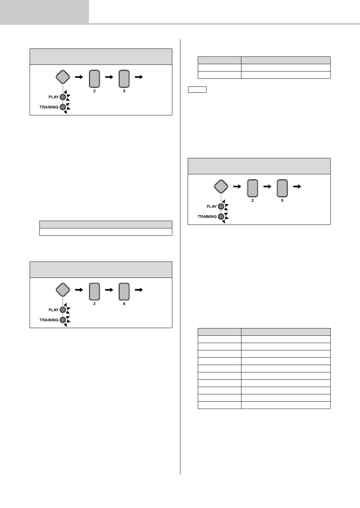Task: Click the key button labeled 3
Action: [124, 79]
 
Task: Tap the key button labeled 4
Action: [124, 292]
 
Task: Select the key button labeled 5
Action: [282, 188]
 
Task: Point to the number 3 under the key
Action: [124, 91]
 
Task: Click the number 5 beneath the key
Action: [282, 200]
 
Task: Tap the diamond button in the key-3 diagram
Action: [63, 77]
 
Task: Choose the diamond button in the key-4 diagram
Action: [63, 290]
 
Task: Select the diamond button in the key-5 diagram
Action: [221, 187]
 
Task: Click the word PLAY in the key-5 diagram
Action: [212, 206]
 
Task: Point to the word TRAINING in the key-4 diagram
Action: [49, 320]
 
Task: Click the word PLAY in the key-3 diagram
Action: [53, 97]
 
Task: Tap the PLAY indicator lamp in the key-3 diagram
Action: [63, 97]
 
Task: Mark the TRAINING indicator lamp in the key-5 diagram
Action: [221, 217]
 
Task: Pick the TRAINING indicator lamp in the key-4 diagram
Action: [63, 320]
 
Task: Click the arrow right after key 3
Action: [139, 77]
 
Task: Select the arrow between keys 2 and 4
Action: [109, 290]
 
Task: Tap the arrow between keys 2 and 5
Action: [267, 187]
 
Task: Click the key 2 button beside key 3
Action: [95, 79]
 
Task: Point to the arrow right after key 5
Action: [297, 187]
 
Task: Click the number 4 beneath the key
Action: [124, 304]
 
